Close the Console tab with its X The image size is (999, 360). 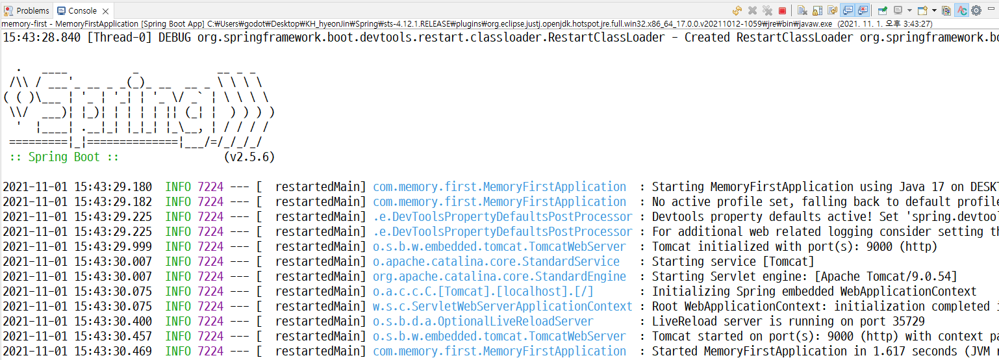point(105,11)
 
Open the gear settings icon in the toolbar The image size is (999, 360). point(976,10)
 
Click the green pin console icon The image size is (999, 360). point(882,10)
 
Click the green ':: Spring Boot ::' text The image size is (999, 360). point(64,157)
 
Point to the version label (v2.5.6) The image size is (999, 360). point(249,157)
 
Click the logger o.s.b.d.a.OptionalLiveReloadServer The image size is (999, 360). point(483,321)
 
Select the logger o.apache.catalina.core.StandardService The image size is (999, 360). point(496,261)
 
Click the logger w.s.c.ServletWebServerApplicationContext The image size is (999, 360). point(502,306)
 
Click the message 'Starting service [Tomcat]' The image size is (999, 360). point(733,261)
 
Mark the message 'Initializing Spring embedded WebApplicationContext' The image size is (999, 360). point(814,291)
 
